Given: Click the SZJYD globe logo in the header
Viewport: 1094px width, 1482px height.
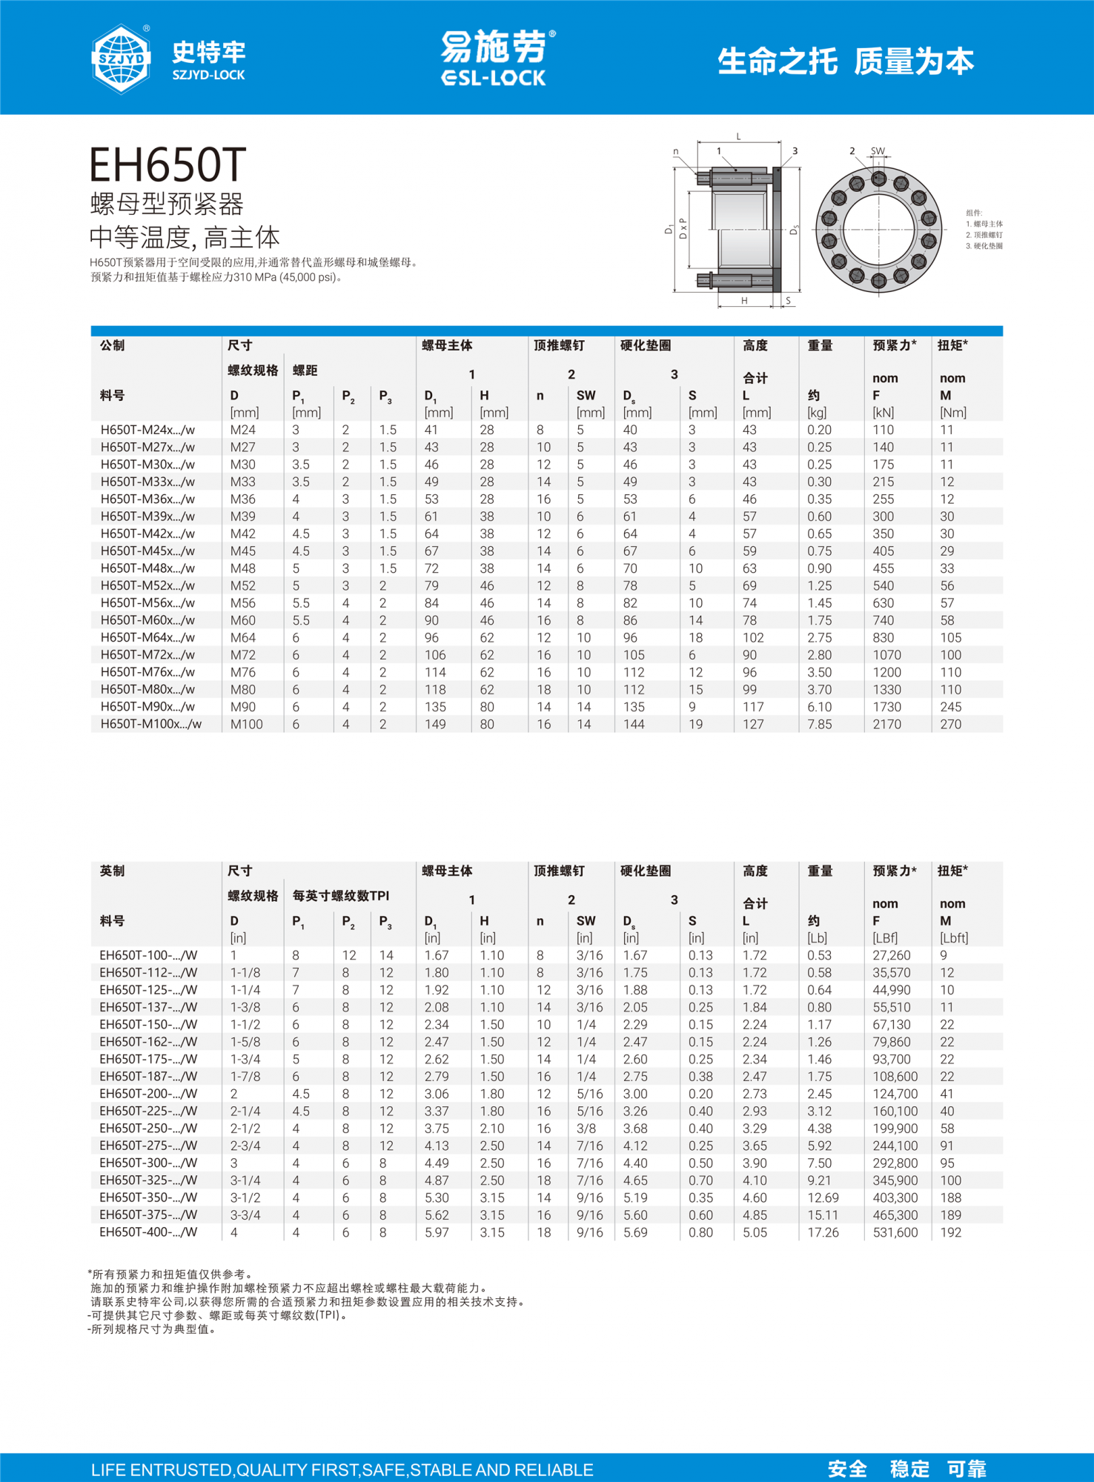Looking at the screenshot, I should point(121,59).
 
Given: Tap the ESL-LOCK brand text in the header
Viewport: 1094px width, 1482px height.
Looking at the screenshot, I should point(494,78).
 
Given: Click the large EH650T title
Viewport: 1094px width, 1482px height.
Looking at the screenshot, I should point(168,165).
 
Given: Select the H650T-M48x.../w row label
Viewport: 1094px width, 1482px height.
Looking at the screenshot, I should point(147,568).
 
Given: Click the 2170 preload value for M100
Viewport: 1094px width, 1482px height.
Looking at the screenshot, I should point(886,724).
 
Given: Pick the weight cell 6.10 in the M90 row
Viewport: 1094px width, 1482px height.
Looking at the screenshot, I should point(819,707).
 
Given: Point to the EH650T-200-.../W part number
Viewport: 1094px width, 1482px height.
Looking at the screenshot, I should point(148,1094).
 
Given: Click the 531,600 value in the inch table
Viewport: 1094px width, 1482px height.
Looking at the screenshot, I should point(895,1232).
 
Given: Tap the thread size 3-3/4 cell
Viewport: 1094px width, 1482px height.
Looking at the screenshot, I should point(245,1215).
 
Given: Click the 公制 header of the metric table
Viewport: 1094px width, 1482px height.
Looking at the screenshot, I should point(112,345).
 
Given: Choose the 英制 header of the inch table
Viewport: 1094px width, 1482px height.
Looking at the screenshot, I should point(112,871).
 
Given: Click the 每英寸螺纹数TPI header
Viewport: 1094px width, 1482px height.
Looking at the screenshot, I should point(340,896).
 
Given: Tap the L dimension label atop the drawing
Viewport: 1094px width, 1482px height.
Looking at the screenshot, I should point(738,136).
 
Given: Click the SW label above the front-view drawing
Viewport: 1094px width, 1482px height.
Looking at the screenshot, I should point(878,151).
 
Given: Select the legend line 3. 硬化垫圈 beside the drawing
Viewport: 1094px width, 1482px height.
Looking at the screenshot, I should point(984,246).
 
